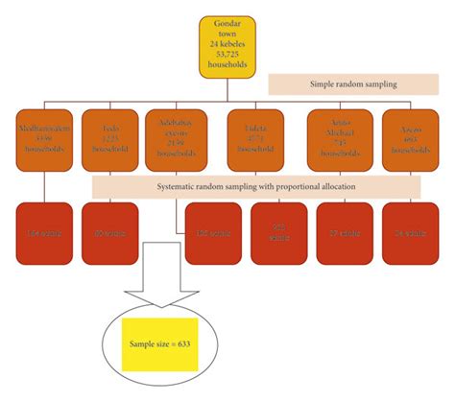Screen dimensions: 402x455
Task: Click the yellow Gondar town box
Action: tap(228, 47)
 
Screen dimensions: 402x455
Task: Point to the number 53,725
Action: tap(228, 57)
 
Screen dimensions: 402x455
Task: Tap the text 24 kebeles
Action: tap(228, 45)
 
